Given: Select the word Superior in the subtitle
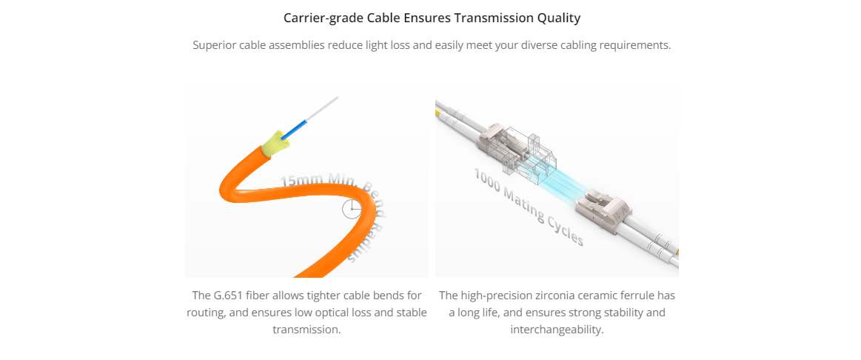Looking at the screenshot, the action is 215,46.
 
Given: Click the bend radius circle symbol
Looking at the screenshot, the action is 352,209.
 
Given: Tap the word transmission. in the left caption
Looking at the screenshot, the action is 307,330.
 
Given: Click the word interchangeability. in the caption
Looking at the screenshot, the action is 557,330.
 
